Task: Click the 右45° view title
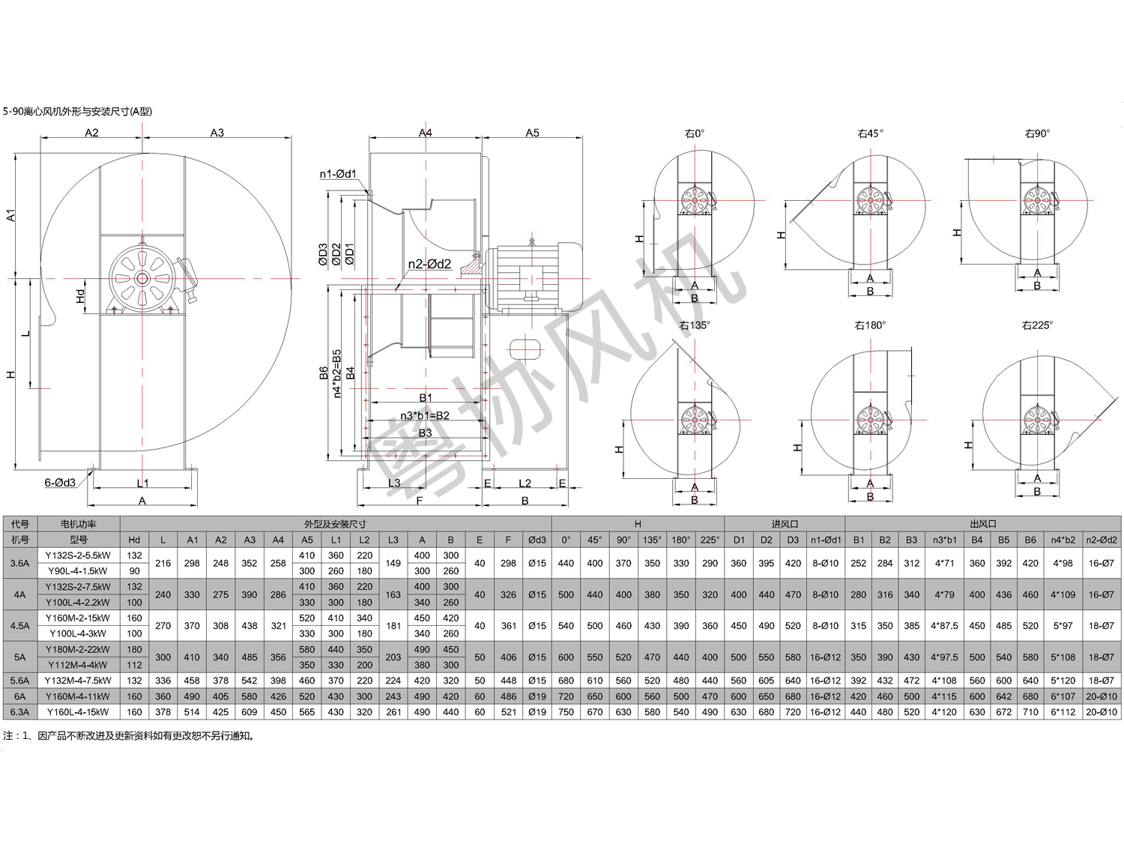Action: click(870, 133)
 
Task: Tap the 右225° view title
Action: click(1037, 325)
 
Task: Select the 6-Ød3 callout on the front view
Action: click(60, 482)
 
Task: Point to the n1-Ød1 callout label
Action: click(337, 174)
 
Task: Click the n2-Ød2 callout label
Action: click(429, 264)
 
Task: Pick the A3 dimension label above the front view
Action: click(217, 133)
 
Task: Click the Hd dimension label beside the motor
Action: click(80, 296)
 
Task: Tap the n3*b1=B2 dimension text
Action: click(425, 415)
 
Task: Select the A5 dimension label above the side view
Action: click(532, 133)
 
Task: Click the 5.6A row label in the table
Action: click(20, 681)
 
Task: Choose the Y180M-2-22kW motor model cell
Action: click(78, 649)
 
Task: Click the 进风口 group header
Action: click(785, 524)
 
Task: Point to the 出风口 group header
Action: click(982, 524)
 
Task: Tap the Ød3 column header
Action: click(537, 540)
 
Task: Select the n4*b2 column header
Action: click(1063, 540)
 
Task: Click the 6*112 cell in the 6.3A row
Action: click(1063, 711)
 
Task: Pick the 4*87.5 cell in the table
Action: click(944, 626)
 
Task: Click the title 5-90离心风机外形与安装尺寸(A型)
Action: click(77, 111)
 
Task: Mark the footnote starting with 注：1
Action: click(129, 736)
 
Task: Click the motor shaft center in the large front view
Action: click(142, 279)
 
